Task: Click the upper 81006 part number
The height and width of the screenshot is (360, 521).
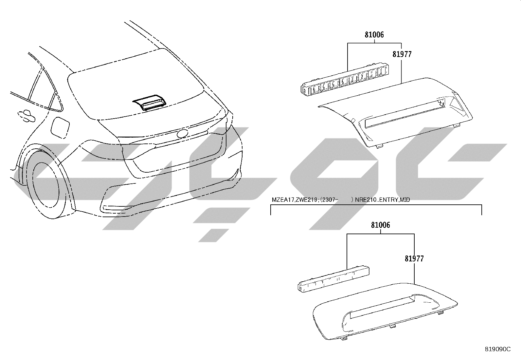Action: pyautogui.click(x=374, y=35)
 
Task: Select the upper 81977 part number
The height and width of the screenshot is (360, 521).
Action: pyautogui.click(x=402, y=54)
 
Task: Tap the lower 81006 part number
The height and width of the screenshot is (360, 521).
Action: pyautogui.click(x=381, y=225)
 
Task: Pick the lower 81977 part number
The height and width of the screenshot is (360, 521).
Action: pyautogui.click(x=414, y=258)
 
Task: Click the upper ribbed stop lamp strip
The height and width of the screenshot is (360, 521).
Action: pyautogui.click(x=345, y=79)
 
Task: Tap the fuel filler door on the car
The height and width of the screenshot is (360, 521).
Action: pyautogui.click(x=60, y=126)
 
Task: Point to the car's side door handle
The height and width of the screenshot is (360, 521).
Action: pyautogui.click(x=26, y=116)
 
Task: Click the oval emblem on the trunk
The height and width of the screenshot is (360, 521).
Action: pyautogui.click(x=183, y=133)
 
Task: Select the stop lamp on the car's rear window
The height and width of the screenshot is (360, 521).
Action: pyautogui.click(x=150, y=102)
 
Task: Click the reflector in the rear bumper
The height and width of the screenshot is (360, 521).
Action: pyautogui.click(x=116, y=207)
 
